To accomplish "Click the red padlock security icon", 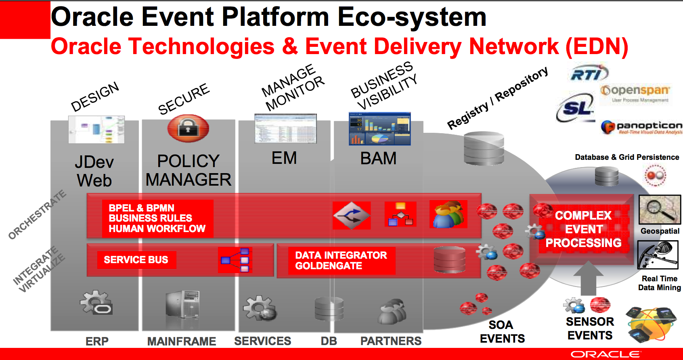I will tap(188, 128).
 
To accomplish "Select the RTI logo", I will tap(589, 73).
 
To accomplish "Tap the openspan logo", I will tap(635, 93).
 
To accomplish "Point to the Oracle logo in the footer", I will tap(605, 354).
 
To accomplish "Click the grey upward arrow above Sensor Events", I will tap(588, 278).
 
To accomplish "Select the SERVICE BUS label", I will tap(136, 260).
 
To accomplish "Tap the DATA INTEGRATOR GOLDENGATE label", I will tap(341, 261).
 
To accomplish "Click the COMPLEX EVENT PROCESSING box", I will tap(583, 229).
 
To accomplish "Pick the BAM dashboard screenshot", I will tap(379, 129).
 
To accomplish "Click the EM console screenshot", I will tap(285, 129).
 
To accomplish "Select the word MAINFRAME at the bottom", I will tap(182, 341).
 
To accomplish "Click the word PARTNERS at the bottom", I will tap(391, 341).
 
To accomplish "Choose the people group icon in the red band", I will tap(448, 214).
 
